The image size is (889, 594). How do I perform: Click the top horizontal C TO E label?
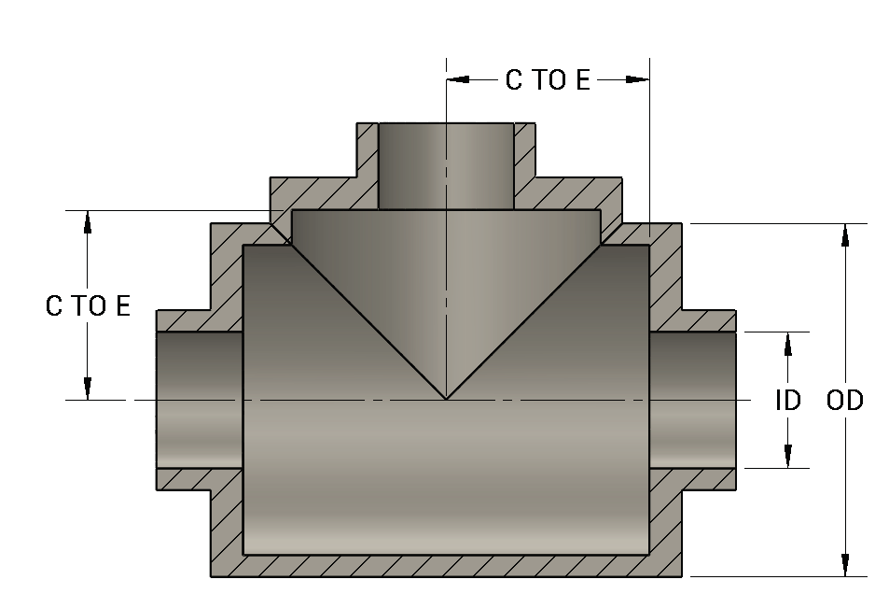pyautogui.click(x=548, y=80)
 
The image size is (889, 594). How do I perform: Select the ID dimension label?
pyautogui.click(x=788, y=401)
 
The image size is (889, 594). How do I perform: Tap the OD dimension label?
pyautogui.click(x=845, y=401)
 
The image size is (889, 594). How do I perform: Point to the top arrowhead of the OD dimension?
pyautogui.click(x=845, y=233)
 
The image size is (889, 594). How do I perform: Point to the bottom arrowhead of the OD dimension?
pyautogui.click(x=845, y=566)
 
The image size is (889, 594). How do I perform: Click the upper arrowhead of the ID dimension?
pyautogui.click(x=788, y=343)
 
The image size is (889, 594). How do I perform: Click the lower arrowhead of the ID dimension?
pyautogui.click(x=788, y=457)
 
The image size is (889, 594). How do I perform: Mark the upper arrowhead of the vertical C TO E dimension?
pyautogui.click(x=88, y=220)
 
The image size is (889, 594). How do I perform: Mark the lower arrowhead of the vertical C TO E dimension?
pyautogui.click(x=88, y=389)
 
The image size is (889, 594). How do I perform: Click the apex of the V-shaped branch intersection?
pyautogui.click(x=446, y=399)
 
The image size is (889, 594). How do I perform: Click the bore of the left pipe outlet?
pyautogui.click(x=199, y=399)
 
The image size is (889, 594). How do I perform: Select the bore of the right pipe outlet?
pyautogui.click(x=692, y=399)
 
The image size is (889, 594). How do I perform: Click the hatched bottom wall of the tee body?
pyautogui.click(x=446, y=566)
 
